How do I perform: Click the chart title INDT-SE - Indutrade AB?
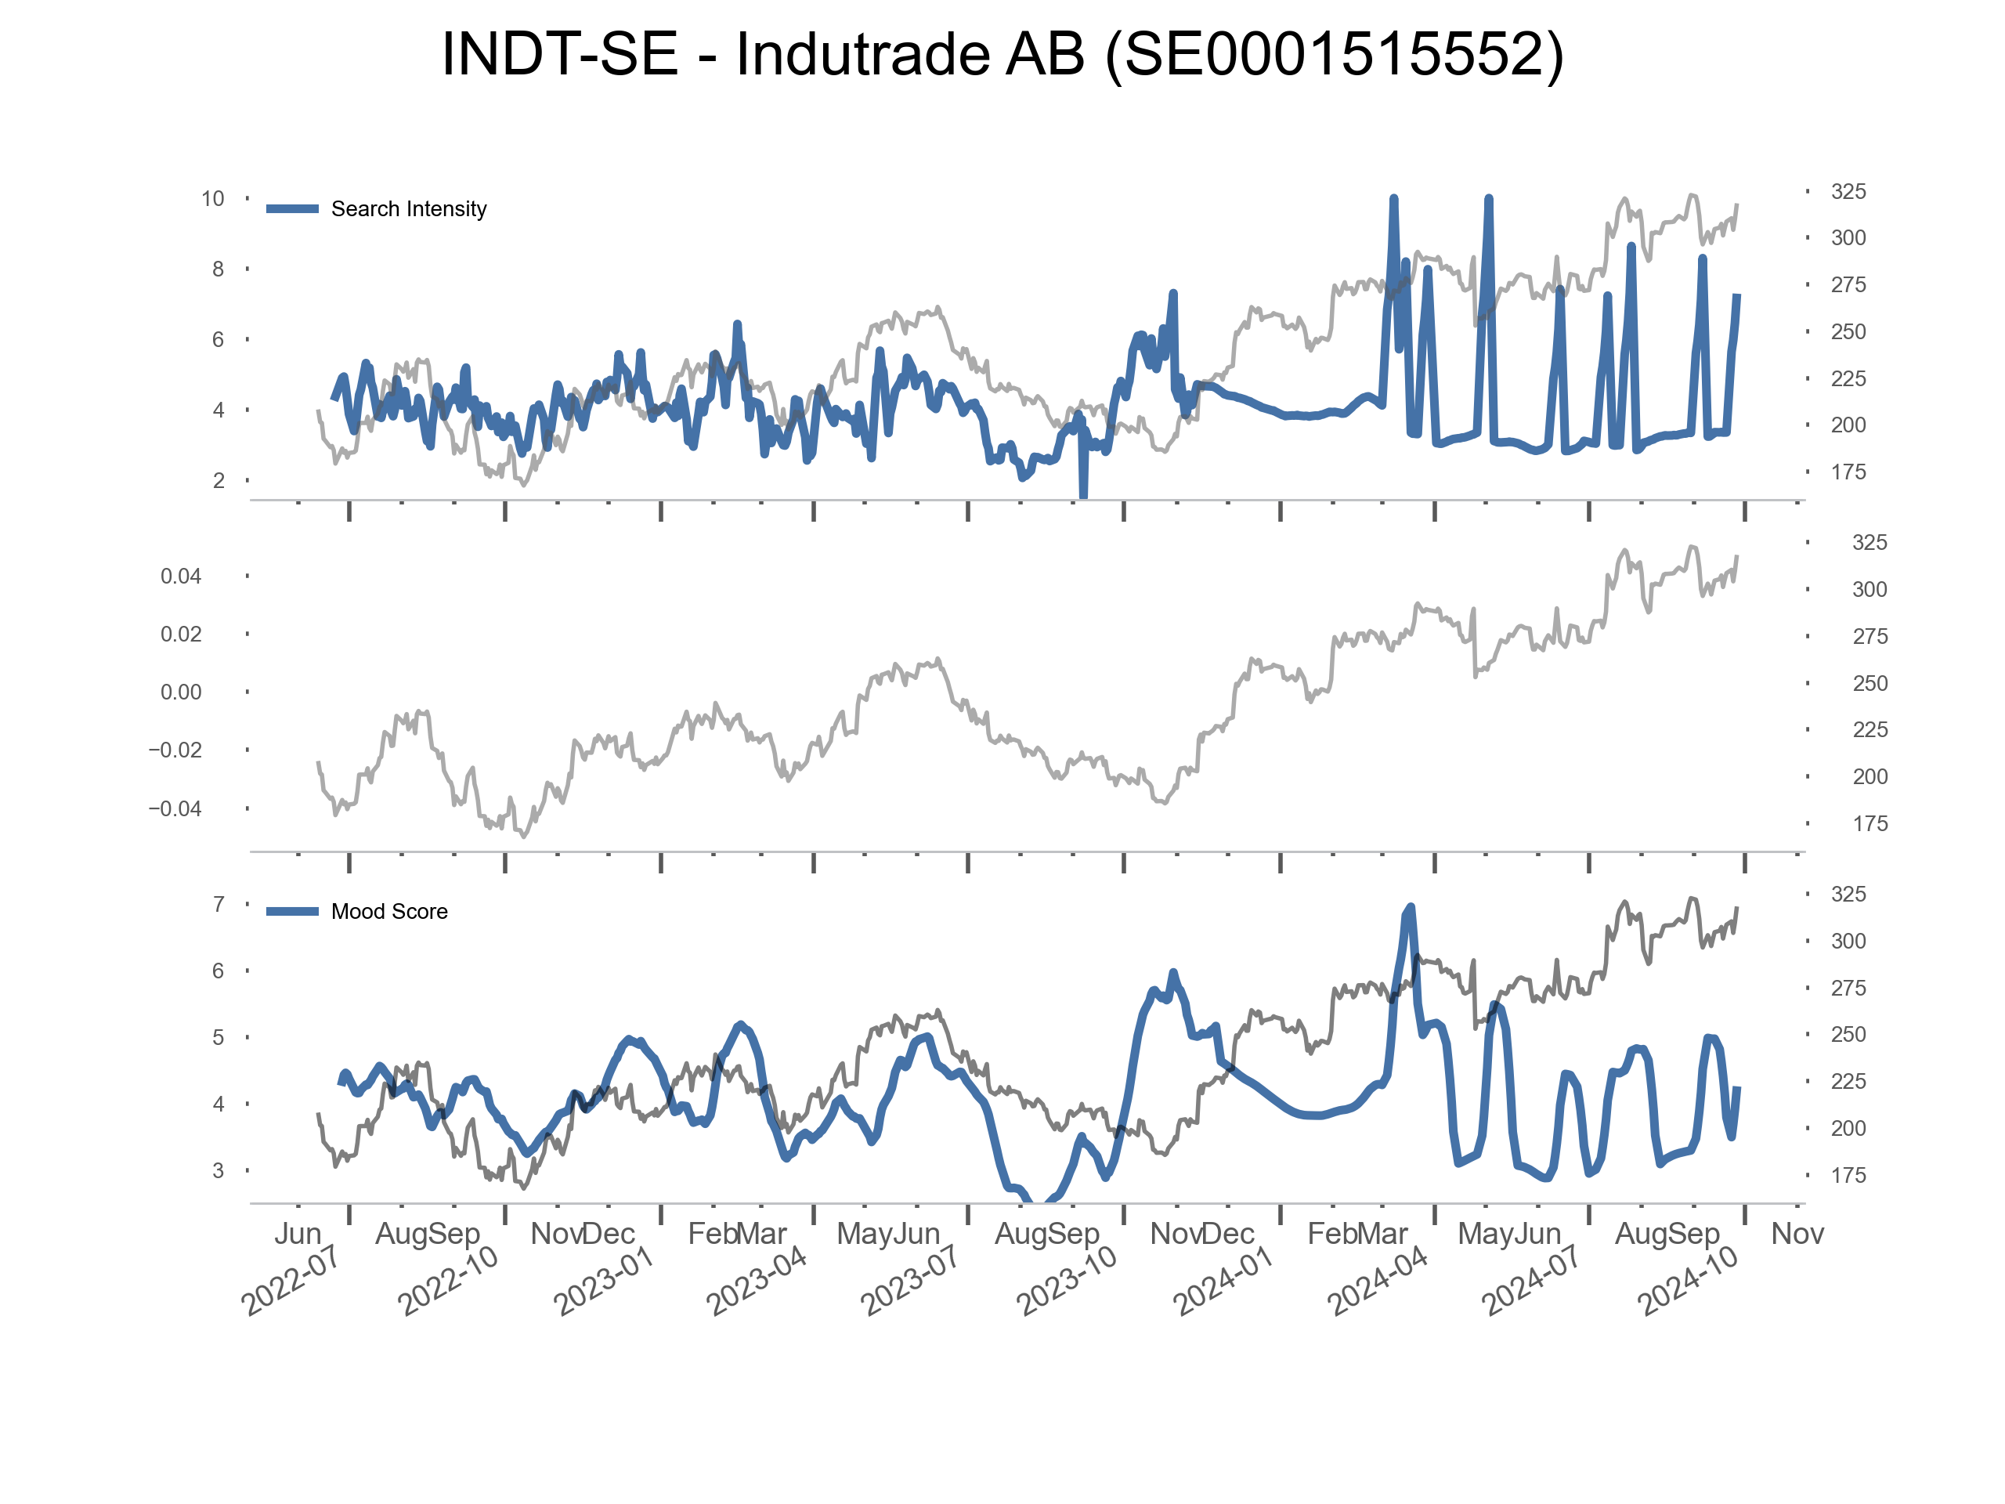point(1002,54)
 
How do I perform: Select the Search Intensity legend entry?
point(408,209)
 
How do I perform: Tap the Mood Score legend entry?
point(388,912)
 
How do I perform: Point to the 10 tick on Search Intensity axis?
point(212,198)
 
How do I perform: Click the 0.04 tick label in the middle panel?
point(180,577)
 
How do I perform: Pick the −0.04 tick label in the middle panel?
point(175,808)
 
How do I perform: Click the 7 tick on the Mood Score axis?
point(219,905)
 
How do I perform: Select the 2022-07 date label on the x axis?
point(290,1280)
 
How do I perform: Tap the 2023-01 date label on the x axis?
point(603,1280)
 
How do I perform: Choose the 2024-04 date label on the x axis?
point(1377,1280)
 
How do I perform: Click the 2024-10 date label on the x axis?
point(1687,1280)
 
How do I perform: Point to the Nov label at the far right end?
point(1797,1234)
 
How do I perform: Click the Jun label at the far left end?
point(298,1234)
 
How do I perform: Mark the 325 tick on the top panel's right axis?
point(1848,191)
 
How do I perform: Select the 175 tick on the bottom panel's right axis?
point(1848,1176)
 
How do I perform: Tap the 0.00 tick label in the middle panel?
point(180,692)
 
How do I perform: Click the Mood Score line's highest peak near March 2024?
point(1411,907)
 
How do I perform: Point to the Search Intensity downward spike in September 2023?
point(1083,495)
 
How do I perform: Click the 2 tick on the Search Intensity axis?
point(219,480)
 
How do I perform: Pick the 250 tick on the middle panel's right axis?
point(1869,684)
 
